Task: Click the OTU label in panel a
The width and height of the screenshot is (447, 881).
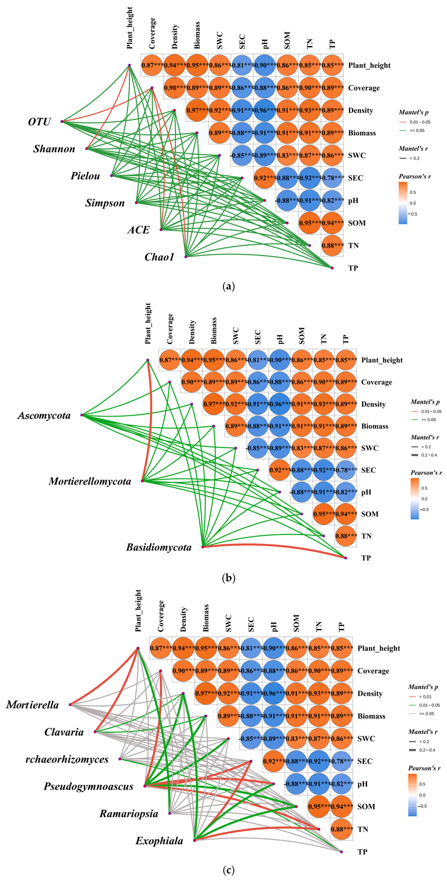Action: click(39, 122)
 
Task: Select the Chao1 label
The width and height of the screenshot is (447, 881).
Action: click(159, 257)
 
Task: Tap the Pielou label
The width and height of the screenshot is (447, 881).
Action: click(85, 176)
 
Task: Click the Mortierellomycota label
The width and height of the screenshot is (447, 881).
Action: click(90, 482)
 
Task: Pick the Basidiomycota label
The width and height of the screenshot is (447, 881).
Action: click(159, 547)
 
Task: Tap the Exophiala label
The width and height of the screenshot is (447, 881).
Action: click(159, 841)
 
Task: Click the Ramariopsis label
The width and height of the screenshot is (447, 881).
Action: click(129, 814)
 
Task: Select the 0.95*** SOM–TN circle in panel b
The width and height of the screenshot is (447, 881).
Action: click(324, 514)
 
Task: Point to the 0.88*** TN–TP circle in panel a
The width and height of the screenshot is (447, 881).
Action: click(332, 246)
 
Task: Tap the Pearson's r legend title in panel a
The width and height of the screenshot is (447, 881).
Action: click(415, 176)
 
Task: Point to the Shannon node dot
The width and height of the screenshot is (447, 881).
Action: click(87, 148)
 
